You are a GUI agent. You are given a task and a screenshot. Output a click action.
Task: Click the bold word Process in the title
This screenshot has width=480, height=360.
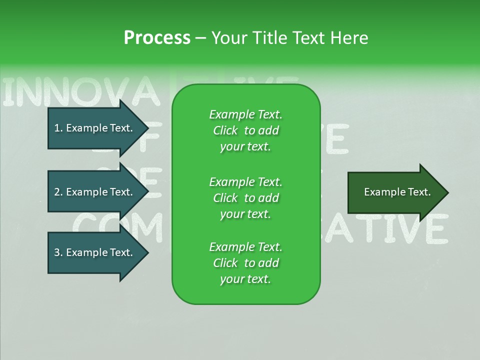157,38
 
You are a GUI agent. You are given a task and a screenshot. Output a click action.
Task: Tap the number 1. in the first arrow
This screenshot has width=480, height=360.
58,128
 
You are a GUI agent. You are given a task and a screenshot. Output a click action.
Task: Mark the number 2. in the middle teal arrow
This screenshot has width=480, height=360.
58,192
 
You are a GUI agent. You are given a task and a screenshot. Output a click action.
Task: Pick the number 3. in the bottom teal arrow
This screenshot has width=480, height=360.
58,252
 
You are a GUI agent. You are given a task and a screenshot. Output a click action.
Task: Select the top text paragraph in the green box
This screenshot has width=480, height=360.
245,130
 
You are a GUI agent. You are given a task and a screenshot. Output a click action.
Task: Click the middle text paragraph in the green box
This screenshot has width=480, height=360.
245,198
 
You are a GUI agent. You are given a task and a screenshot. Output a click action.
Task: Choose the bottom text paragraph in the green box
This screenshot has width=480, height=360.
245,263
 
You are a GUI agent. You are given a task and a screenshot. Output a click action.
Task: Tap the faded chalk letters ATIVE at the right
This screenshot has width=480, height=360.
395,228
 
